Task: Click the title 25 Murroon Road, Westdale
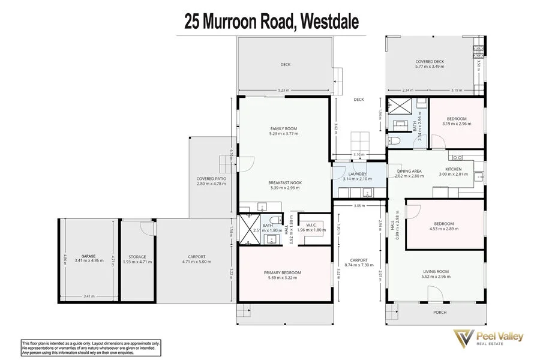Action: coord(272,23)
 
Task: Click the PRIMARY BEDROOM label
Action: coord(283,273)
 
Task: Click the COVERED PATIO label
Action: coord(212,178)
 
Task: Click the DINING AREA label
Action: coord(409,171)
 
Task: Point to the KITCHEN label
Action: coord(453,169)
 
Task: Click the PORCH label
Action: coord(440,313)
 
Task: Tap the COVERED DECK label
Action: coord(430,62)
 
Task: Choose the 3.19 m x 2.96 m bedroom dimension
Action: coord(457,124)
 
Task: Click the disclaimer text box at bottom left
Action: coord(91,346)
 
